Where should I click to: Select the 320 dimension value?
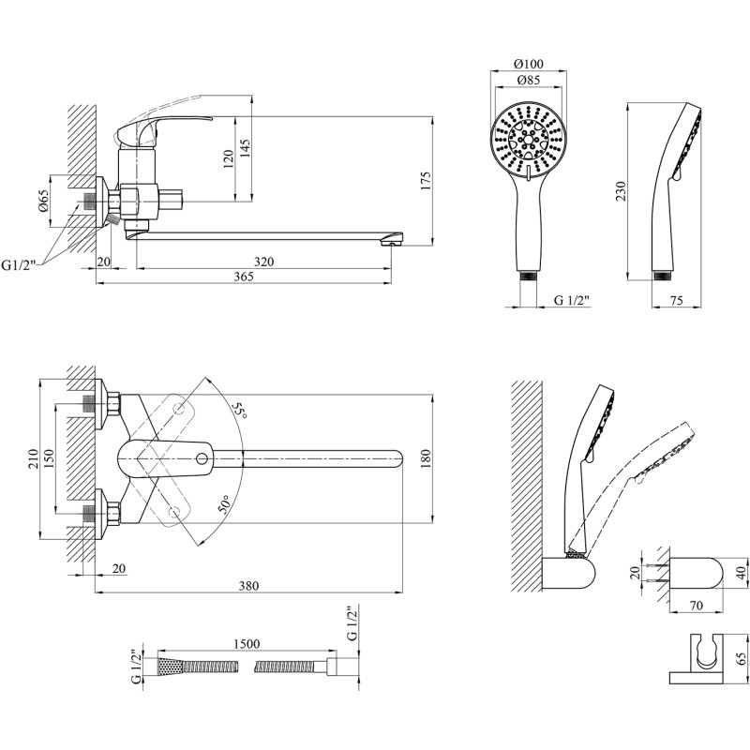click(263, 262)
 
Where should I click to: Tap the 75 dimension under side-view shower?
click(678, 299)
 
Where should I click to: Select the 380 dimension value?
click(248, 587)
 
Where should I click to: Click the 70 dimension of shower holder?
click(697, 606)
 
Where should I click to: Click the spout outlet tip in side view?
click(389, 242)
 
